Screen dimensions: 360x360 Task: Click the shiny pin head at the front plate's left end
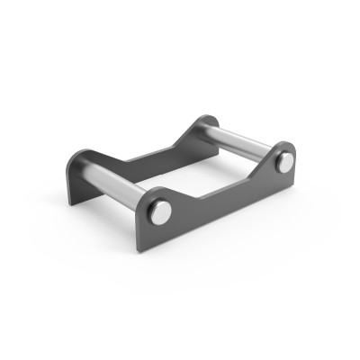(159, 211)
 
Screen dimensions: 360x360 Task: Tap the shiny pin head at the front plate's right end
(285, 163)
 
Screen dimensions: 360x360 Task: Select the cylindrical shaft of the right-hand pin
(239, 140)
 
